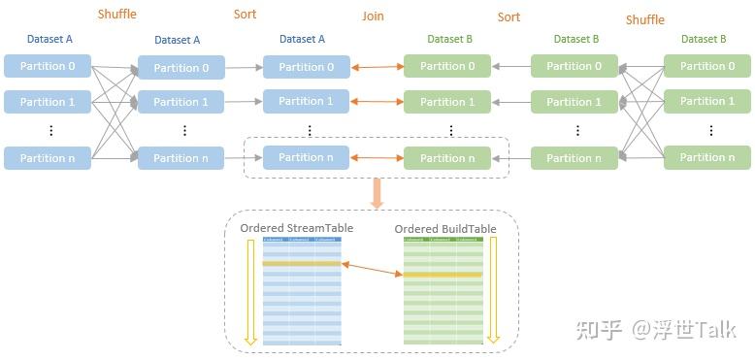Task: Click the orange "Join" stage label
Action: pyautogui.click(x=373, y=16)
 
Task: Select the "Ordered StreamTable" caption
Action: pyautogui.click(x=296, y=228)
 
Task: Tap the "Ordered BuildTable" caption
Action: pyautogui.click(x=445, y=229)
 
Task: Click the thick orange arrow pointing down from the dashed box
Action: pyautogui.click(x=377, y=193)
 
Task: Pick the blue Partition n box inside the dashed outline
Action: pyautogui.click(x=306, y=157)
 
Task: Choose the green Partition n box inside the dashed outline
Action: pyautogui.click(x=447, y=158)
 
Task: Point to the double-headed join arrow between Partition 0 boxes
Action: pyautogui.click(x=377, y=67)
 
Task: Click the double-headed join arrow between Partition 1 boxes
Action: pyautogui.click(x=377, y=102)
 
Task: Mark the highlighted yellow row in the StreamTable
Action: pyautogui.click(x=302, y=263)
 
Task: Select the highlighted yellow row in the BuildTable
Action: pyautogui.click(x=443, y=275)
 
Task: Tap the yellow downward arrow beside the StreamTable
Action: pyautogui.click(x=249, y=291)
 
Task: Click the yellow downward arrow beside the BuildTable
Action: pyautogui.click(x=493, y=291)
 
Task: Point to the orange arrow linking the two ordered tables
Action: pyautogui.click(x=372, y=269)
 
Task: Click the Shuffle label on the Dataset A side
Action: pyautogui.click(x=116, y=15)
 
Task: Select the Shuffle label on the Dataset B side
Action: pyautogui.click(x=644, y=19)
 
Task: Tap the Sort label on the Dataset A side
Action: pyautogui.click(x=246, y=15)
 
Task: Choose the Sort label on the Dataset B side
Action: pyautogui.click(x=509, y=16)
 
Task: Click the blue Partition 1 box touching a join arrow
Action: pyautogui.click(x=306, y=101)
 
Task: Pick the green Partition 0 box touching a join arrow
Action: pyautogui.click(x=447, y=66)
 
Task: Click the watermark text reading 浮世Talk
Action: pyautogui.click(x=694, y=330)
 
